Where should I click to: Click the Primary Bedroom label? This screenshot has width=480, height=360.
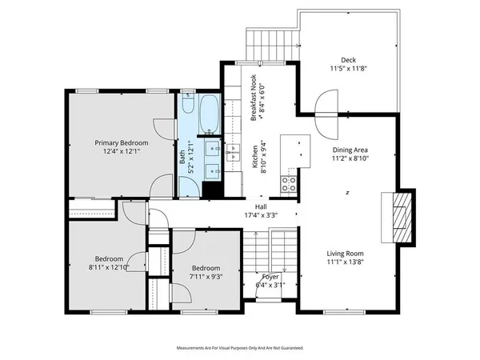coord(122,142)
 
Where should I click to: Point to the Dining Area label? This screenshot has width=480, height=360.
coord(350,150)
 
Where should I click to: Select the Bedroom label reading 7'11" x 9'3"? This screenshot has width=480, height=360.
coord(205,268)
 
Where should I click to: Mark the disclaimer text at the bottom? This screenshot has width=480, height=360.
coord(239,348)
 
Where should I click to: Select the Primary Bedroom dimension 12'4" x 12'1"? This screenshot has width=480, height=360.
coord(122,151)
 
